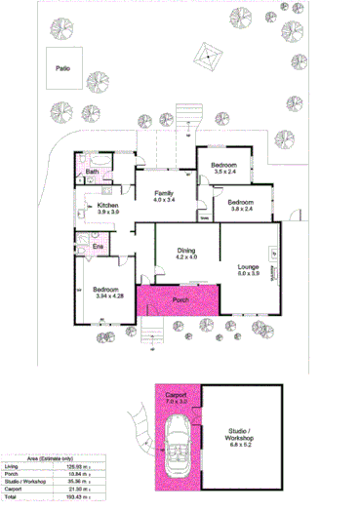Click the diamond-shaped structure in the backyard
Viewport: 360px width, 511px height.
[206, 59]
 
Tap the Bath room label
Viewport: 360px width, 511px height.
[92, 173]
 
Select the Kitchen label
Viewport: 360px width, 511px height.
[107, 205]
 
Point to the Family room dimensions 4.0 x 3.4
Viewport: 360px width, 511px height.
[164, 200]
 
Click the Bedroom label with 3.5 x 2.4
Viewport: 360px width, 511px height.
[225, 172]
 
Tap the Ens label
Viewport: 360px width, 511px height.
[98, 247]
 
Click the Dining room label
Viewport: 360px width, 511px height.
[186, 251]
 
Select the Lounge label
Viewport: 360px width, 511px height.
[248, 266]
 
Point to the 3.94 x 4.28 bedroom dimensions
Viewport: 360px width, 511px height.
[106, 296]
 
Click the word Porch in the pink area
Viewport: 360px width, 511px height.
[180, 299]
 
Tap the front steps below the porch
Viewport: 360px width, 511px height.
[149, 335]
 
